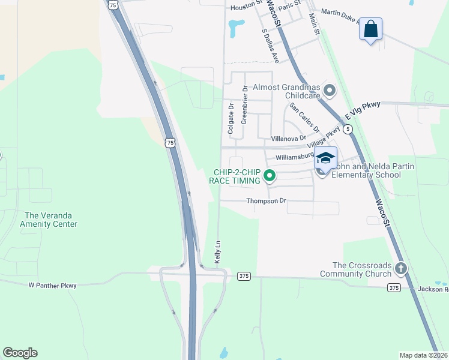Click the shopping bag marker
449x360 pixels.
coord(370,29)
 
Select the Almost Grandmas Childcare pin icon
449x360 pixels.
coord(329,91)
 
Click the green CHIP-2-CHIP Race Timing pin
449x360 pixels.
coord(270,176)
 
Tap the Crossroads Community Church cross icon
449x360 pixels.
coord(400,268)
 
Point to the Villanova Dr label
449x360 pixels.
coord(288,139)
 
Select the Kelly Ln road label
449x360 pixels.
coord(218,252)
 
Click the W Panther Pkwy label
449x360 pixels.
coord(52,286)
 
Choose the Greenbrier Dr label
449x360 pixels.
coord(244,105)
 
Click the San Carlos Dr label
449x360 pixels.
coord(304,118)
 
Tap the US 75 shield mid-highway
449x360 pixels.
coord(170,142)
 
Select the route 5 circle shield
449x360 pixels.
coord(348,129)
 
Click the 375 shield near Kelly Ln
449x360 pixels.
coord(243,276)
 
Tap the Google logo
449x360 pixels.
coord(20,353)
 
